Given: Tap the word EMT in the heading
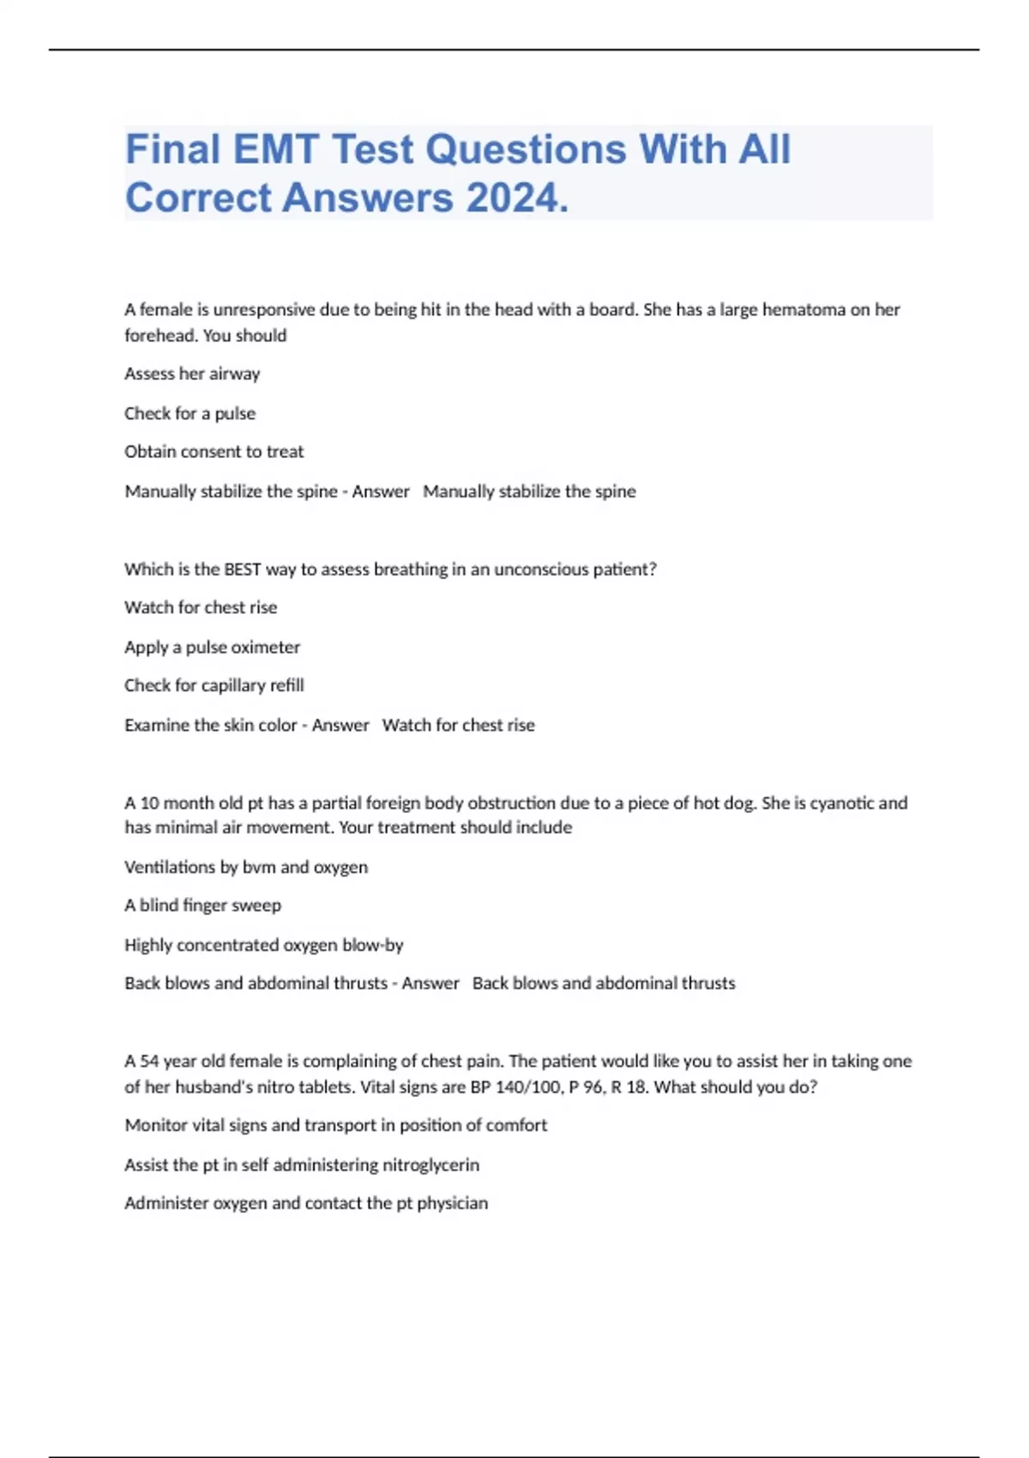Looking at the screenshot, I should [276, 149].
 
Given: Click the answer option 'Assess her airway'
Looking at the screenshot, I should [192, 374].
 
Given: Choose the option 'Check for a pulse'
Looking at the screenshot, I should [190, 413].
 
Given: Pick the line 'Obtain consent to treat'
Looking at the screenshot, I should [214, 452].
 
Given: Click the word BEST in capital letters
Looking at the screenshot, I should [243, 569].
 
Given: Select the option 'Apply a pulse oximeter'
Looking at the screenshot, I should [212, 648].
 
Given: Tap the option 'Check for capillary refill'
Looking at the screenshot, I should [214, 685].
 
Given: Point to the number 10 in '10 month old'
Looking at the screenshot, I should [149, 804].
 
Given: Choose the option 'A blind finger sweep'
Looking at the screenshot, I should [202, 906].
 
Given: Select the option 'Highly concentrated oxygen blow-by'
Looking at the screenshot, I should [263, 945].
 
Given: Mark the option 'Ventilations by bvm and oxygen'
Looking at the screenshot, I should [245, 867].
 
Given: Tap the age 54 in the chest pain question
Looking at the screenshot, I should [149, 1062].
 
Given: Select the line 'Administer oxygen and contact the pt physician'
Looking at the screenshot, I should [305, 1203].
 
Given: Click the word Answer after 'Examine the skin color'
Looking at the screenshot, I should [340, 726].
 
